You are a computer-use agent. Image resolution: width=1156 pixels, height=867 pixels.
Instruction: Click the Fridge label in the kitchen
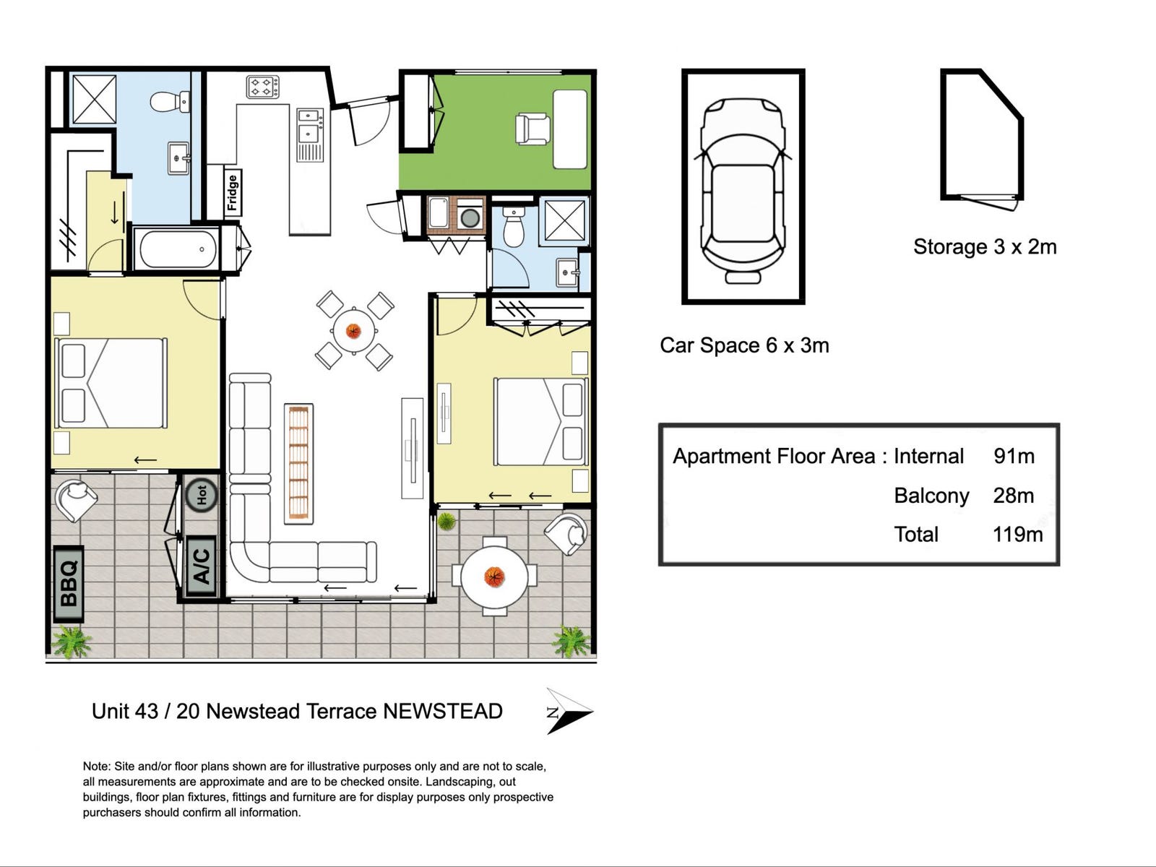coord(233,193)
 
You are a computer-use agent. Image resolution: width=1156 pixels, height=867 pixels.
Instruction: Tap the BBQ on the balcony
coord(69,584)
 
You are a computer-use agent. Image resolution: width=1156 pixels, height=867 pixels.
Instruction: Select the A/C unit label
coord(202,566)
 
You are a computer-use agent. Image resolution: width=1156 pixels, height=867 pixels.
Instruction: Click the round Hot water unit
coord(202,495)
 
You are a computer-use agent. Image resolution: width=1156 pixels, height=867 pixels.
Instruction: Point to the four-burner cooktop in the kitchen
coord(263,87)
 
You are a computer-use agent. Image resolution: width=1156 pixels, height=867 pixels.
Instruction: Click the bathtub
coord(178,249)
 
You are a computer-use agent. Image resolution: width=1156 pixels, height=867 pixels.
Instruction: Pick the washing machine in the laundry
coord(470,214)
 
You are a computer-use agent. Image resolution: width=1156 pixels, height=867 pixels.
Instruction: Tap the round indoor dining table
coord(353,331)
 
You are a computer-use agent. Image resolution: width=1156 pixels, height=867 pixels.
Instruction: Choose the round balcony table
coord(494,577)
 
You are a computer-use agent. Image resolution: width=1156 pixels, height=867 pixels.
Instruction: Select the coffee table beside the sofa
coord(298,464)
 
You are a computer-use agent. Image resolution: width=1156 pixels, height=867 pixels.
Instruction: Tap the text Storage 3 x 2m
coord(985,247)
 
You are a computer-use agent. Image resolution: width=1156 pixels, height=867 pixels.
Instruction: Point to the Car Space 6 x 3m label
coord(744,346)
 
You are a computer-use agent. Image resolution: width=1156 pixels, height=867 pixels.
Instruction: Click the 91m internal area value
coord(1014,457)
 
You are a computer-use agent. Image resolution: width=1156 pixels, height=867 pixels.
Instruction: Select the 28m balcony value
coord(1013,496)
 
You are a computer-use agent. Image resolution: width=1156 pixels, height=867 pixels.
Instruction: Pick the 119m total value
coord(1017,535)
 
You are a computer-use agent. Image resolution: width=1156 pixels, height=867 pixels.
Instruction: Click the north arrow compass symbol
coord(569,712)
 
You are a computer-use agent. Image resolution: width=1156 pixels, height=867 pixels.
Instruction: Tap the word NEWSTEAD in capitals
coord(442,712)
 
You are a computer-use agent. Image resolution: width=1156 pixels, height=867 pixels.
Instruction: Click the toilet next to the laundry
coord(514,227)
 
